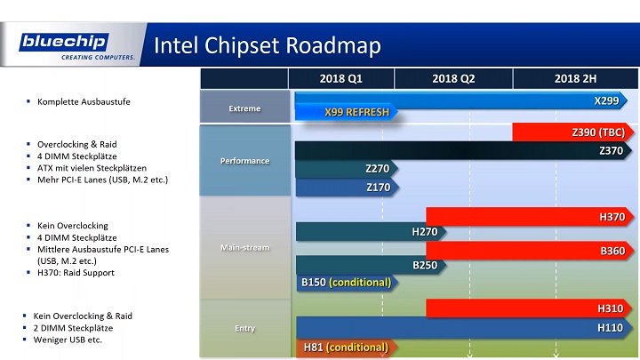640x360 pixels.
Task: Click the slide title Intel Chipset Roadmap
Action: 268,45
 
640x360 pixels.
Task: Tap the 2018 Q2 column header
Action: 453,79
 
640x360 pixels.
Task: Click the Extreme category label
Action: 244,108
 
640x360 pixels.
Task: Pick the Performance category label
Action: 244,161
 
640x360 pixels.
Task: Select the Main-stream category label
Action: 244,247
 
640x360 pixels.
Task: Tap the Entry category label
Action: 244,328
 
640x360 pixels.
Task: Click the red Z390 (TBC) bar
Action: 569,132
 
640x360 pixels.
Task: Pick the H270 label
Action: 425,232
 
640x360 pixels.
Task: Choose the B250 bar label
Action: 426,265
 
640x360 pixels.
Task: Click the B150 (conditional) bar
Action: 346,283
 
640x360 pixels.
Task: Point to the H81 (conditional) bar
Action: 345,347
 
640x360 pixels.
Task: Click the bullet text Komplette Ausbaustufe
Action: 84,102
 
